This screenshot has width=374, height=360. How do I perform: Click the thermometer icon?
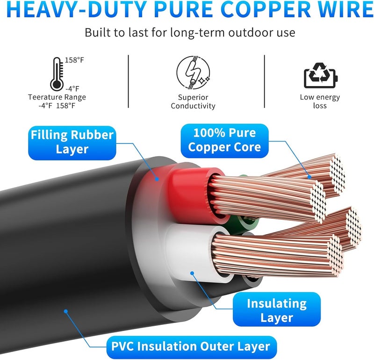[x=57, y=74]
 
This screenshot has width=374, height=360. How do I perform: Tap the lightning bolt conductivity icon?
[x=193, y=72]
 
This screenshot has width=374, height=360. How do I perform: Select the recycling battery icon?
[x=321, y=75]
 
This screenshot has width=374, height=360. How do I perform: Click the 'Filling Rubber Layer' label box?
[x=72, y=143]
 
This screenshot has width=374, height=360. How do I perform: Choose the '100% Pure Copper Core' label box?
[x=224, y=141]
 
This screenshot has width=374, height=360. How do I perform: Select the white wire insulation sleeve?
[x=191, y=253]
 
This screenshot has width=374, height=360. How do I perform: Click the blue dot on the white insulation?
[x=192, y=273]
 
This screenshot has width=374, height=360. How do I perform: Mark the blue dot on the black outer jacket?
[x=66, y=311]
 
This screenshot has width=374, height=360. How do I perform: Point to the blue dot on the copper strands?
[x=309, y=177]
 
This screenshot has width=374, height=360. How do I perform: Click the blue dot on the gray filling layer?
[x=157, y=179]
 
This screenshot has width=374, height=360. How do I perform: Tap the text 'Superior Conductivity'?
[x=193, y=101]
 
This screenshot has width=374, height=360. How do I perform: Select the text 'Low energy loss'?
[x=320, y=101]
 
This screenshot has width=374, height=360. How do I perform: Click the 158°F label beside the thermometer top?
[x=74, y=60]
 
